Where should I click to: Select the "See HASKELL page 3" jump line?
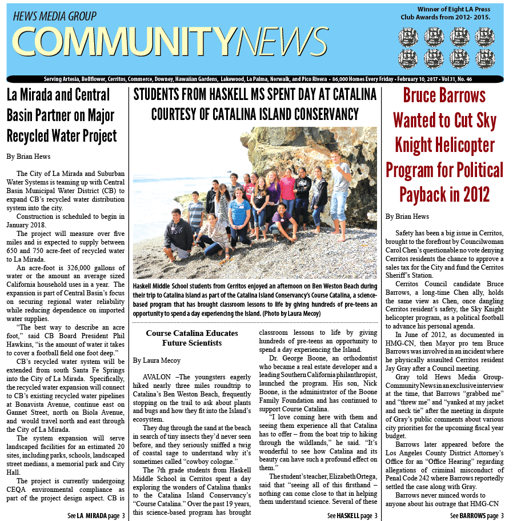tap(352, 515)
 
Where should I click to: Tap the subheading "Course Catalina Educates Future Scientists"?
tap(191, 338)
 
